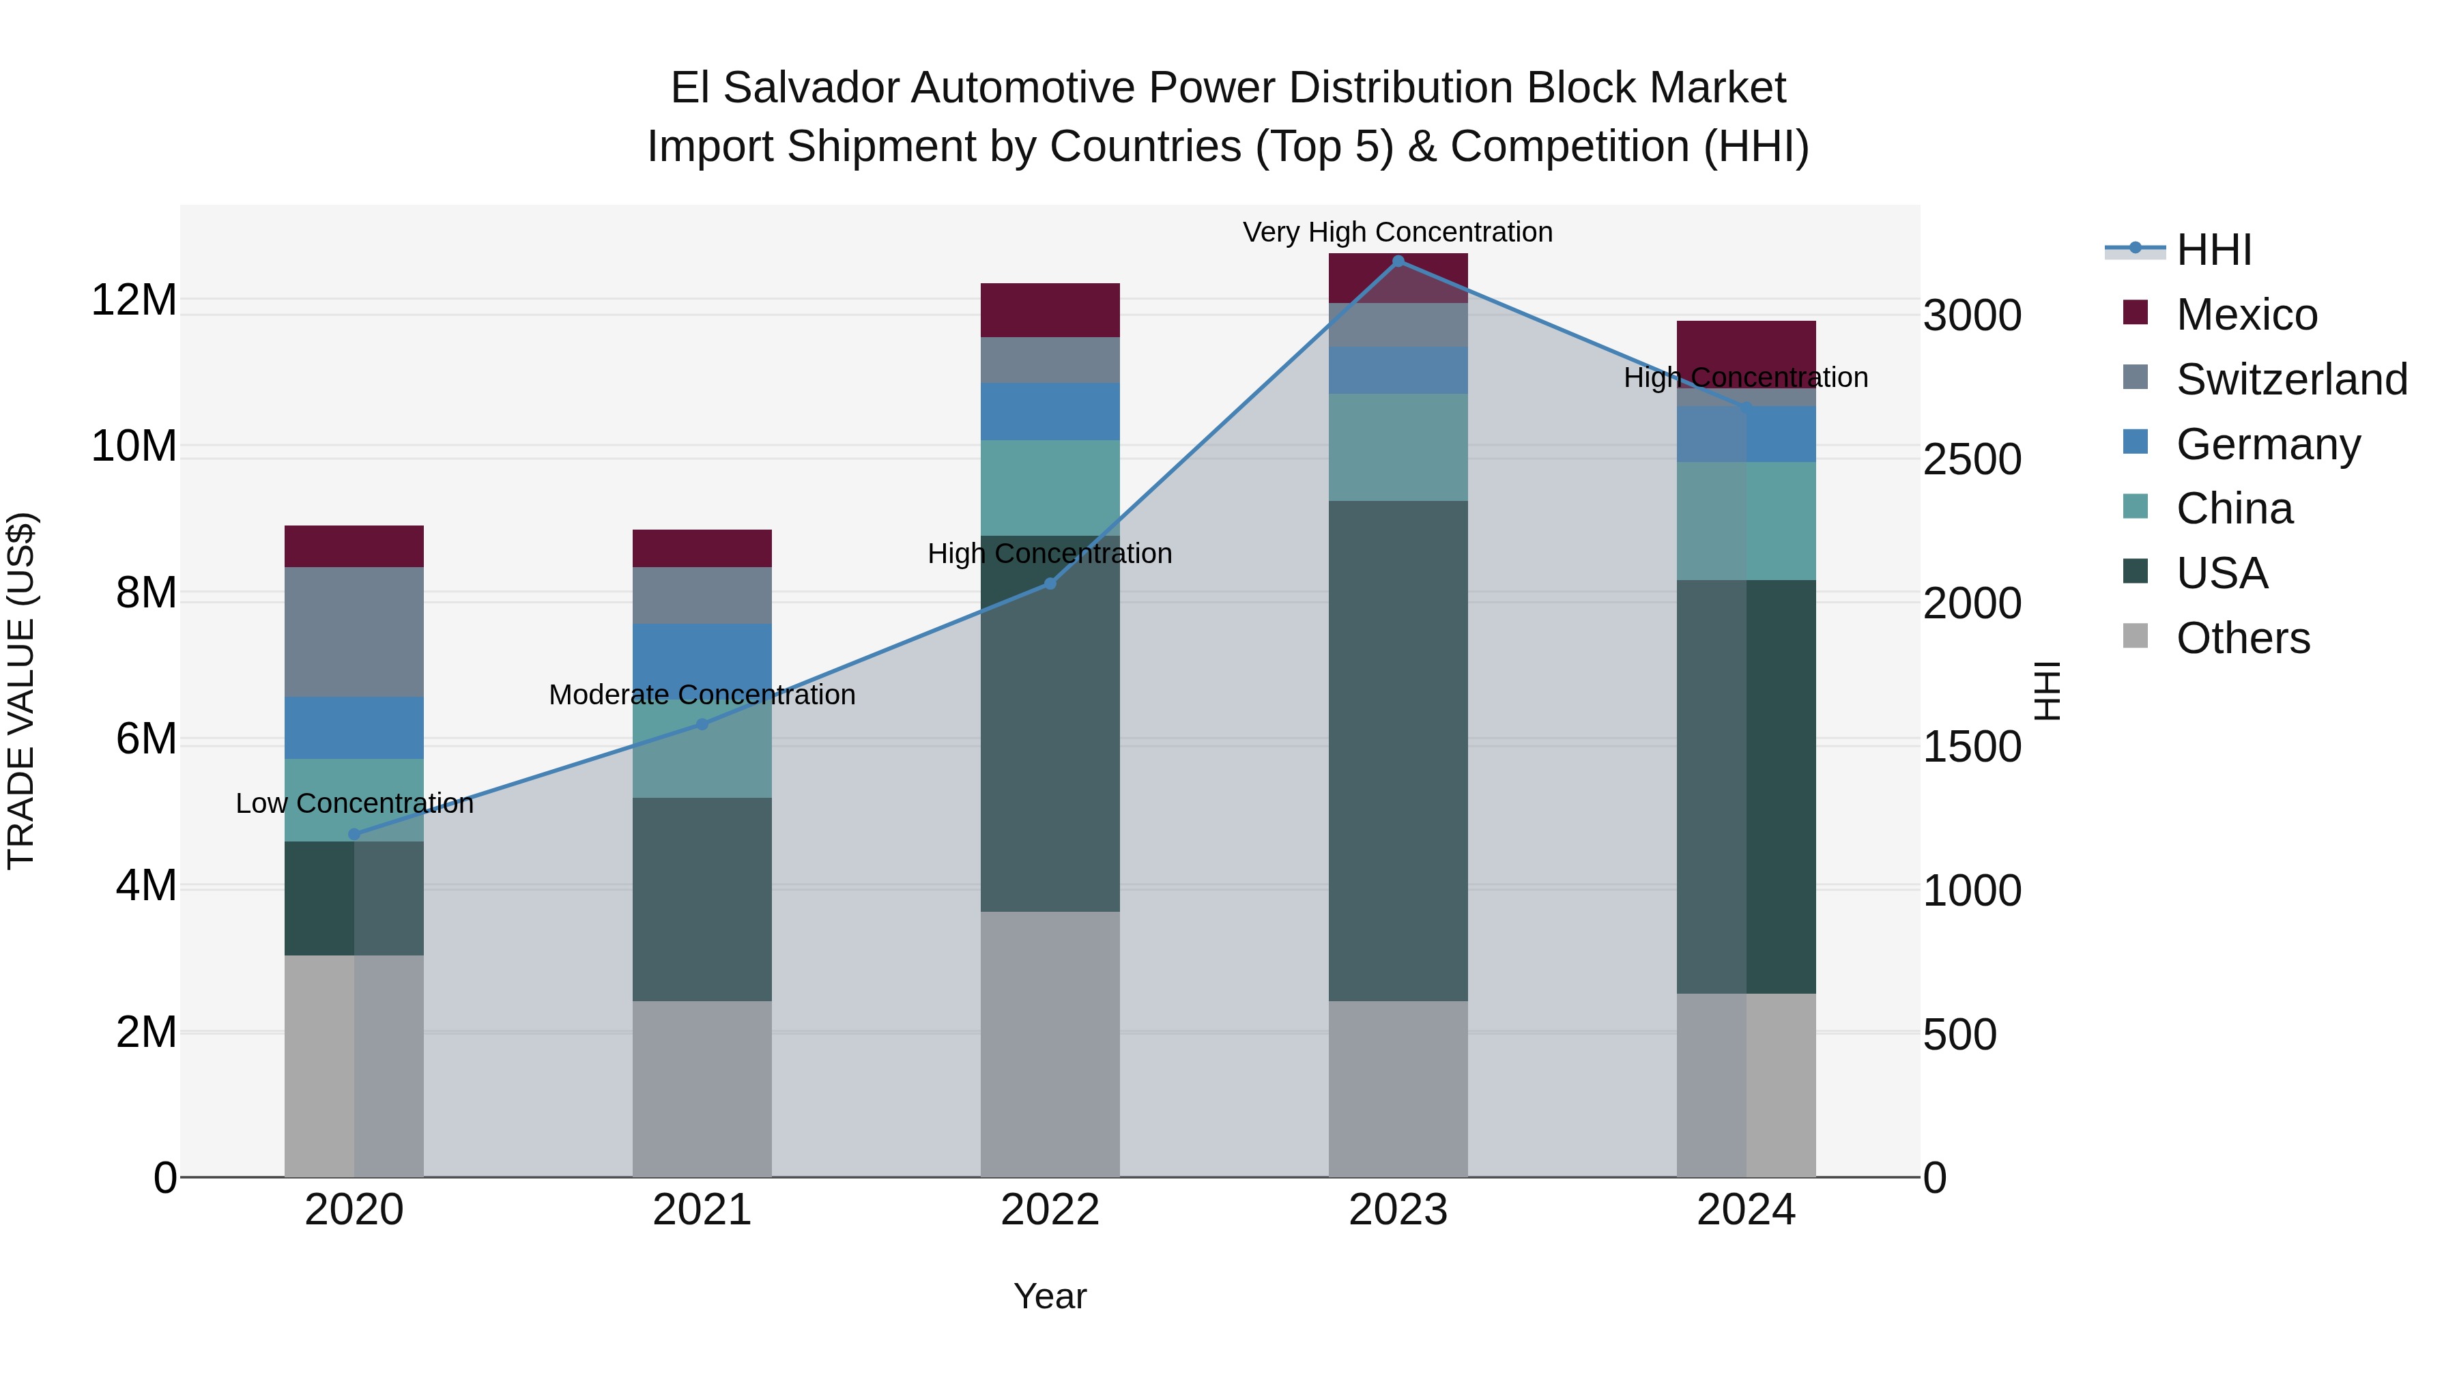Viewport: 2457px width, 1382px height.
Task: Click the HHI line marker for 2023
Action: [1398, 261]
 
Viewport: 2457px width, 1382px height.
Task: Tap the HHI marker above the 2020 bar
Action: [354, 833]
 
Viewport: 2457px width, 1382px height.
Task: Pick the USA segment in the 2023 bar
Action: [1398, 751]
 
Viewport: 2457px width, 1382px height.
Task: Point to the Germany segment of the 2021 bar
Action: [702, 658]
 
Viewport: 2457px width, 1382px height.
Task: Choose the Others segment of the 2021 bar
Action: [702, 1089]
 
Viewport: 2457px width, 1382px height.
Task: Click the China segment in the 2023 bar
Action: [1398, 447]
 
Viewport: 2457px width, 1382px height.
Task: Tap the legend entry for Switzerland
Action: [2291, 379]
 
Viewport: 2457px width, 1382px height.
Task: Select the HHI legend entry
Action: [2213, 250]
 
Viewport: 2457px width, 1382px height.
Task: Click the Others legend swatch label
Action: [2243, 638]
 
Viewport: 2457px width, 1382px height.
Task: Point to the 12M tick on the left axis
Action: [134, 300]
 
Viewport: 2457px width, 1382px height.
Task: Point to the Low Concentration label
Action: [354, 803]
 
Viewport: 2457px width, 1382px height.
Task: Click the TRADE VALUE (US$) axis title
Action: [21, 691]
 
